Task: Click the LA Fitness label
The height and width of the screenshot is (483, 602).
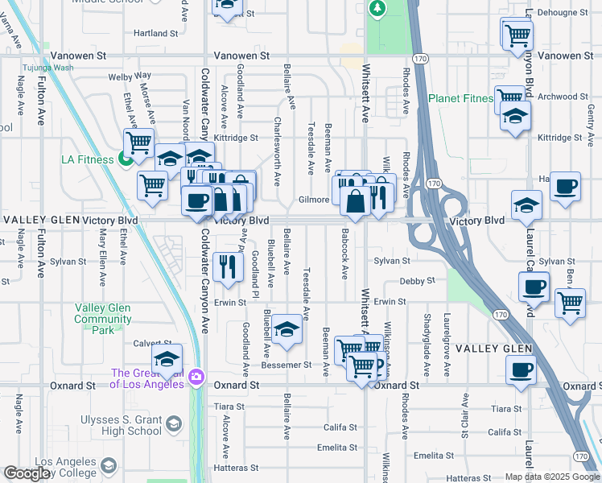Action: tap(87, 159)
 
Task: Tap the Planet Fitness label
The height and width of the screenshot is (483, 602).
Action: tap(460, 98)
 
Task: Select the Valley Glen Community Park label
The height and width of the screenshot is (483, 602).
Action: tap(103, 319)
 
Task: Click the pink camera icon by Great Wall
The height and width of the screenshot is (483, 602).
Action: tap(196, 377)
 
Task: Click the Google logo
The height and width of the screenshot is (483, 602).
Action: tap(27, 474)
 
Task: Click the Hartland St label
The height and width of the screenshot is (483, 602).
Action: tap(155, 34)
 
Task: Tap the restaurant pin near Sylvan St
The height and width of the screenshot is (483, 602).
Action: tap(229, 267)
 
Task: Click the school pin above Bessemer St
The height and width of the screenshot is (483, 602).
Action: tap(286, 330)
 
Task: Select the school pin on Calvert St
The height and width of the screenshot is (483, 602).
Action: tap(167, 360)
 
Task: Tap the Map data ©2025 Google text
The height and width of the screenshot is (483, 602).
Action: tap(551, 477)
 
